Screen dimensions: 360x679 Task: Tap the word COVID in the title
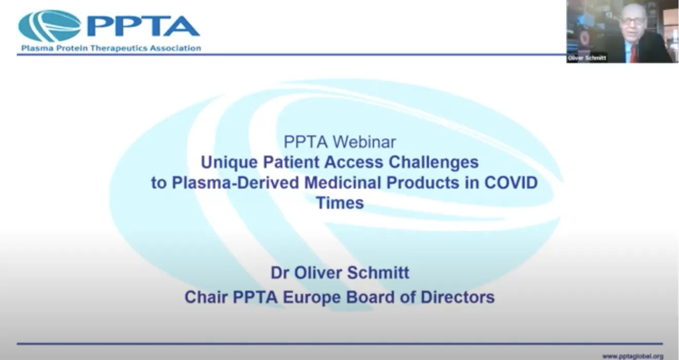(510, 183)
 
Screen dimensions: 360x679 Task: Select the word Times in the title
(340, 203)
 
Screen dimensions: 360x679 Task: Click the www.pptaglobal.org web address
(632, 356)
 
